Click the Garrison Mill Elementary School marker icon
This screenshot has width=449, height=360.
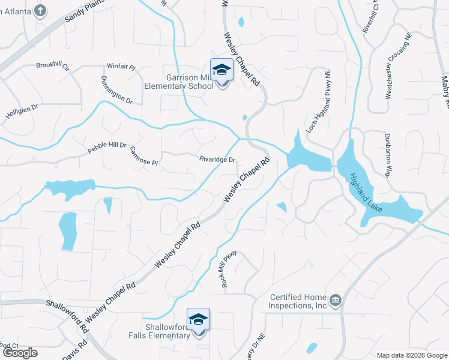pos(221,70)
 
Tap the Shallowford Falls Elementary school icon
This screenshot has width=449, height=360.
pos(199,320)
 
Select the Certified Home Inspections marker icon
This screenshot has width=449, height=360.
pos(335,299)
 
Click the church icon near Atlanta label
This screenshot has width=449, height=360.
pos(40,10)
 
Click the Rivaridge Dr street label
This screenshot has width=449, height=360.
pos(217,160)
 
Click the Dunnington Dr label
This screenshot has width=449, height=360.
pos(116,90)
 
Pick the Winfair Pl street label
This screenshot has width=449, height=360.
pos(121,67)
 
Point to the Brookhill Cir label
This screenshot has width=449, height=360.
pos(53,65)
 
